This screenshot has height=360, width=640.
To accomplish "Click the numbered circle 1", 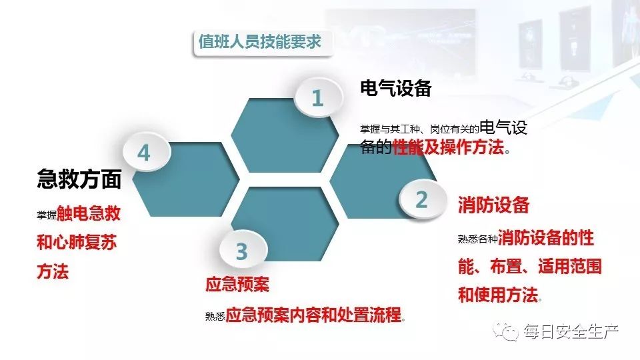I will coord(317,99).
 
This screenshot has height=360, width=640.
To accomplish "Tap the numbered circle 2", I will coord(421,199).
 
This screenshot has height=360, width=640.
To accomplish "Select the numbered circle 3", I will coord(241,251).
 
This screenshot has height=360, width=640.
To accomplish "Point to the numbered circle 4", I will coord(144,153).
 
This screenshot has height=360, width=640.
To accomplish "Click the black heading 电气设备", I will coord(396,88).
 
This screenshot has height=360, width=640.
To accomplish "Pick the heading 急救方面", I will coord(79,179).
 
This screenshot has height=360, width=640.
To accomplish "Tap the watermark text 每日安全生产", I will coord(571,331).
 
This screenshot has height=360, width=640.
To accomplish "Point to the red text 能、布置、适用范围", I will coord(529,267).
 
